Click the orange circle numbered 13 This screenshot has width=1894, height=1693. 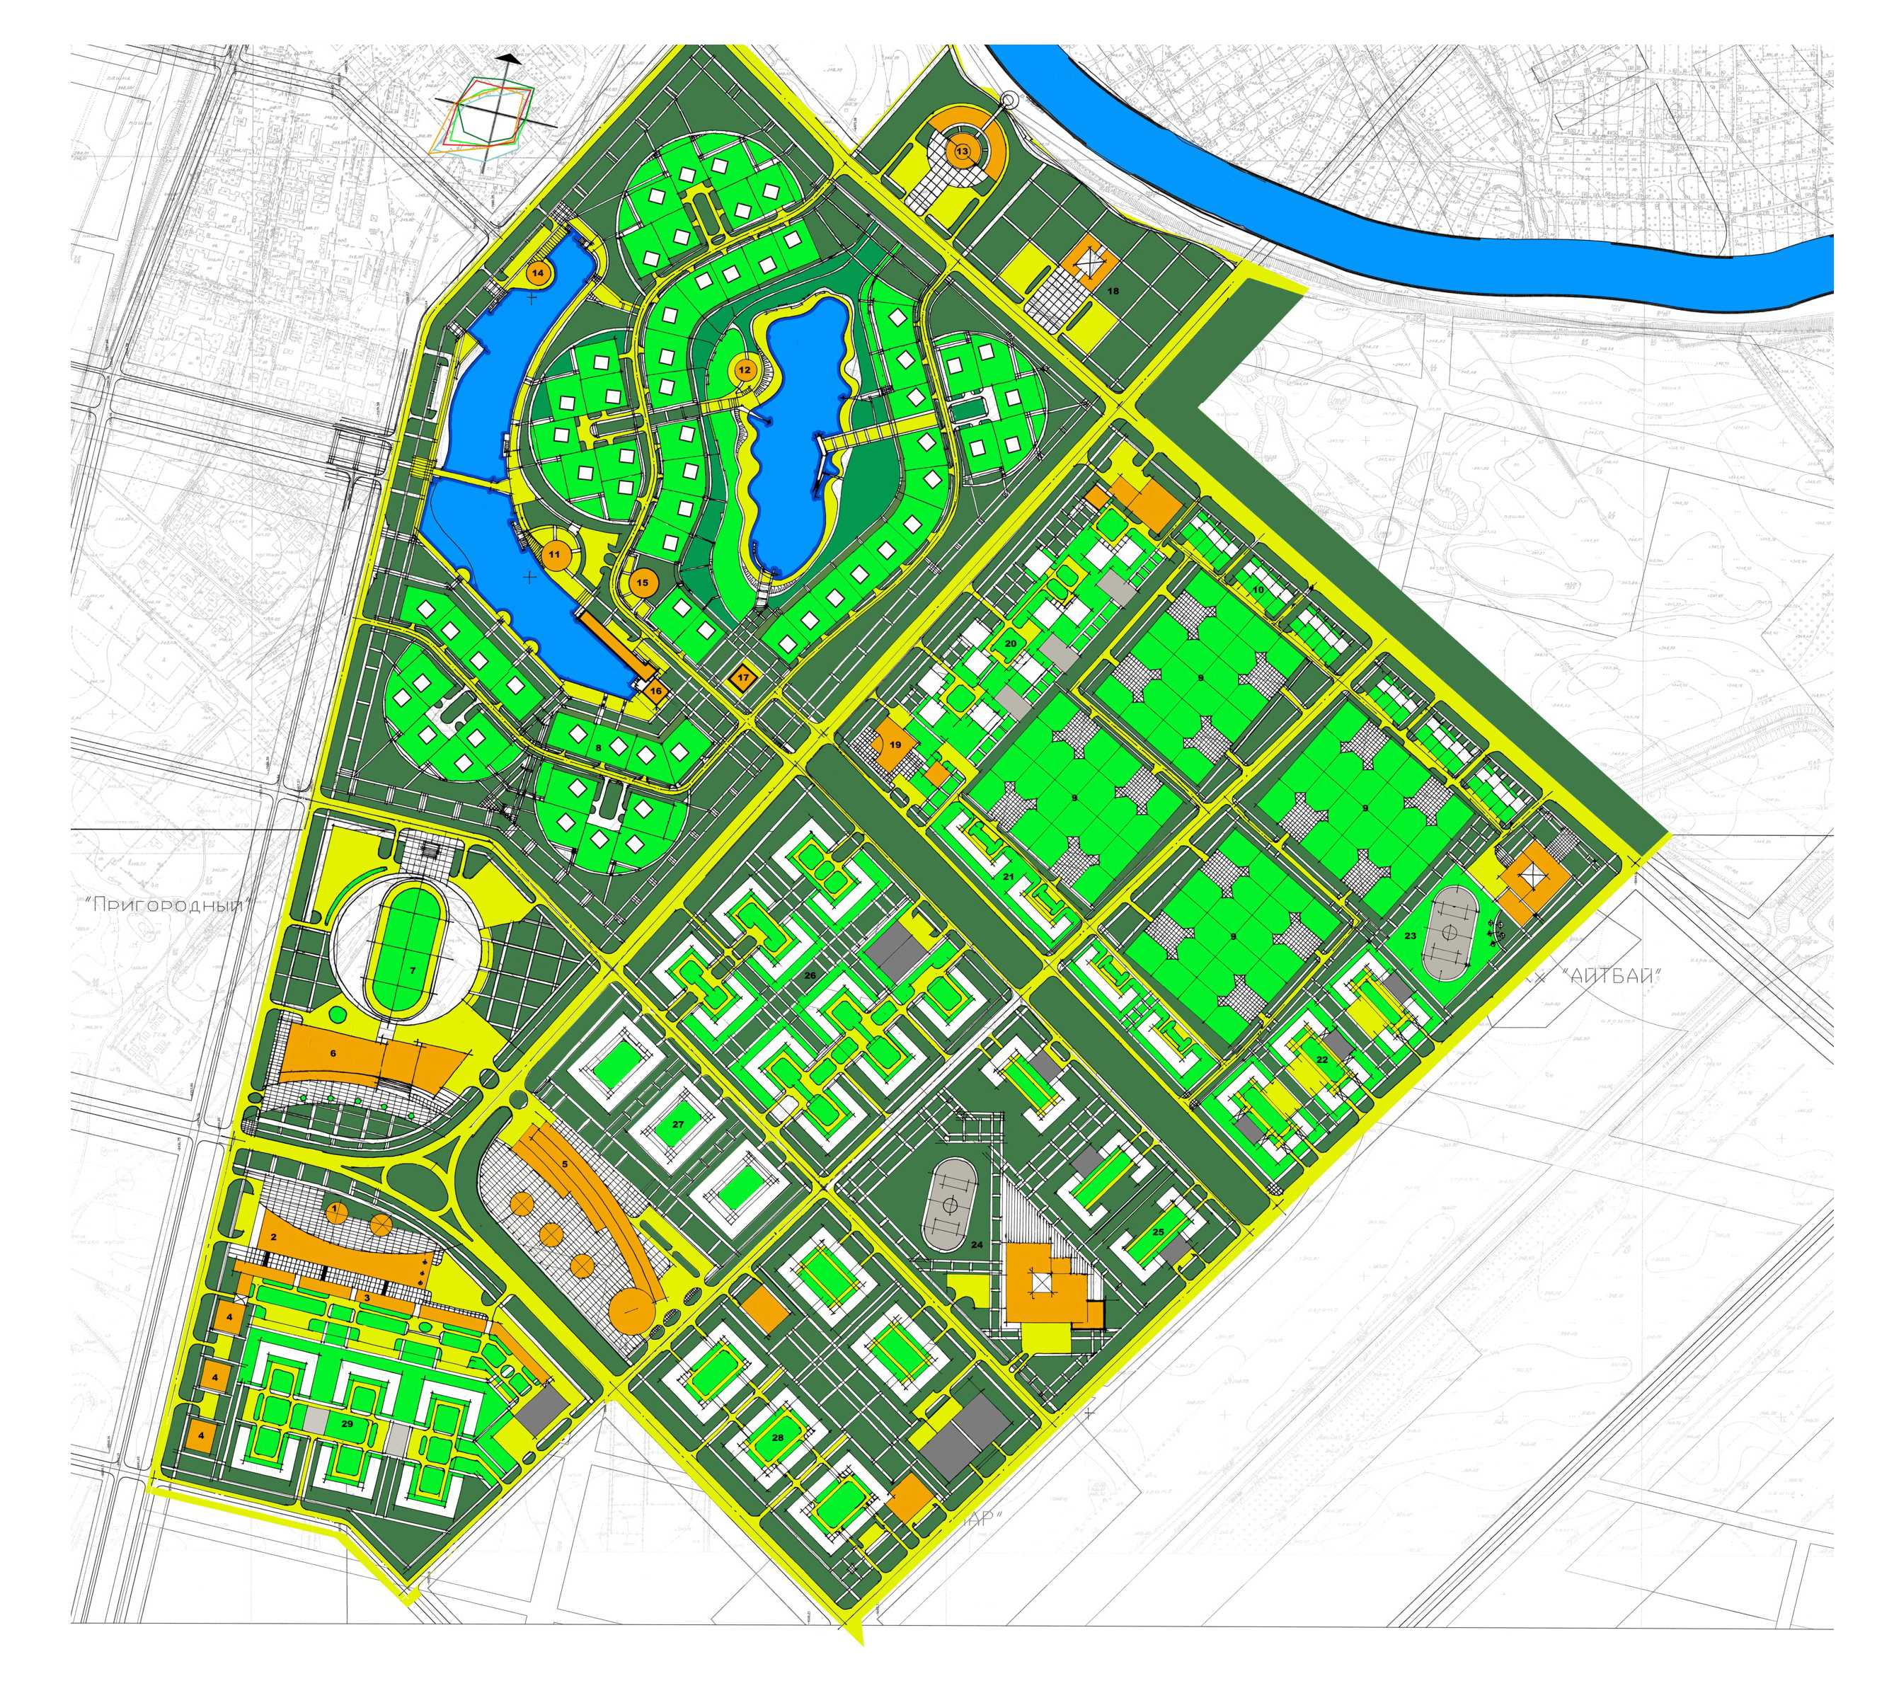962,151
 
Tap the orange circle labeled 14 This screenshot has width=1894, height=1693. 539,272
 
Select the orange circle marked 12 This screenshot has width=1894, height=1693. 744,370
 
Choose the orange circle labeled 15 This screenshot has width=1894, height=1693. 643,583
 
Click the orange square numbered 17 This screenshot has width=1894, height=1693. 742,678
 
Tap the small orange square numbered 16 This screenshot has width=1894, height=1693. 655,691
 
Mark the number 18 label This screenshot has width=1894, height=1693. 1113,291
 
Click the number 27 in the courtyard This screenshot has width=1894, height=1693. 678,1125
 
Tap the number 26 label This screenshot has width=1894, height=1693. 809,976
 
